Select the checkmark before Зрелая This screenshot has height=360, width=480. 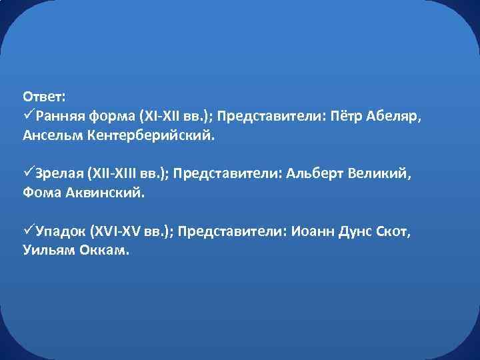pyautogui.click(x=29, y=173)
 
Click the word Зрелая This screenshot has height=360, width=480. pyautogui.click(x=58, y=174)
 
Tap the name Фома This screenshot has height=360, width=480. pyautogui.click(x=41, y=193)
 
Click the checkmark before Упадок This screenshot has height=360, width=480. pyautogui.click(x=29, y=231)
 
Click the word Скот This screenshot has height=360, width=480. pyautogui.click(x=387, y=232)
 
